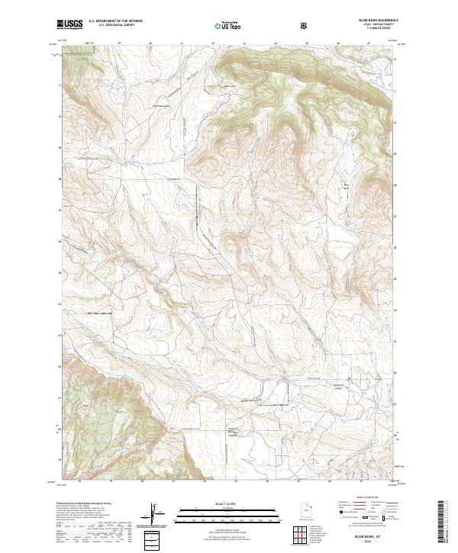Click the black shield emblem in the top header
click(x=305, y=25)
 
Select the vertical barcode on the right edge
click(x=443, y=523)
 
